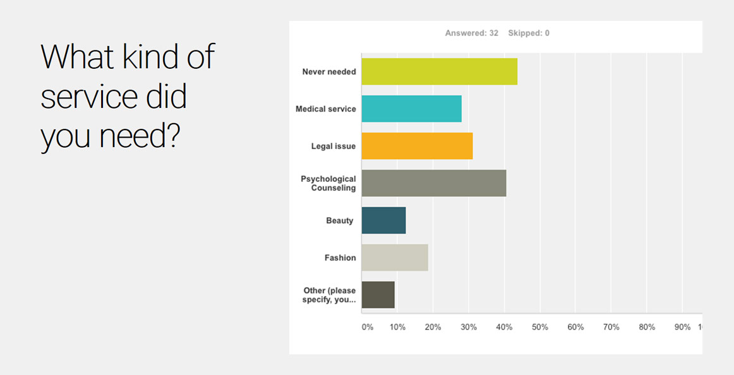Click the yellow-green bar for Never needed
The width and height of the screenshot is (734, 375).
tap(439, 71)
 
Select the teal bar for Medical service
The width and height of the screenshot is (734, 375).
tap(411, 109)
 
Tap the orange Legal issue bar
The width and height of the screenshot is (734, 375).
tap(417, 146)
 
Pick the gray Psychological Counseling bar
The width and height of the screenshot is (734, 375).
tap(433, 183)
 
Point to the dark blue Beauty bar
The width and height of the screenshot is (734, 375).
tap(383, 220)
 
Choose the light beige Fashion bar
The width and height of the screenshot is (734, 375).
tap(395, 258)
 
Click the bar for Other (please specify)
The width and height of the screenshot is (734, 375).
tap(378, 295)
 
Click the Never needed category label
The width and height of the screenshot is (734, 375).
tap(329, 72)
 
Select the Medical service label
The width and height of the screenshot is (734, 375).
tap(326, 109)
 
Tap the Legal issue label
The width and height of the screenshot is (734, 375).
tap(334, 146)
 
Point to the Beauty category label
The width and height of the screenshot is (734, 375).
tap(340, 221)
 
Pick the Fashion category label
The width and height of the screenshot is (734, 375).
tap(340, 258)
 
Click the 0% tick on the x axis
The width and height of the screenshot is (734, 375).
tap(368, 327)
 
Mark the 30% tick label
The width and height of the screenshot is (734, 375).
tap(468, 327)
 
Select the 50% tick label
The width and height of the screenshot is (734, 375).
tap(539, 327)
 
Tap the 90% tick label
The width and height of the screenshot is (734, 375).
tap(682, 327)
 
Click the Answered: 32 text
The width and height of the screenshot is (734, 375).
tap(472, 33)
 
